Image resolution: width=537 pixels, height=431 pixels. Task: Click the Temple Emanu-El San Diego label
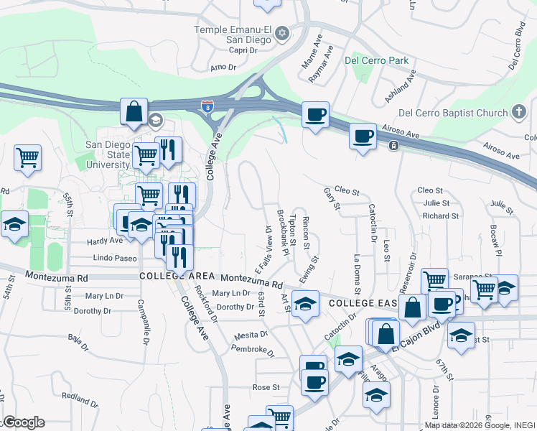point(233,34)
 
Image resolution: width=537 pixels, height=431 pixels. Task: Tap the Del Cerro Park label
point(376,60)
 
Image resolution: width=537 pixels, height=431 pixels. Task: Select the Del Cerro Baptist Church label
point(452,113)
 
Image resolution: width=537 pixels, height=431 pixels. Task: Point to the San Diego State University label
point(108,154)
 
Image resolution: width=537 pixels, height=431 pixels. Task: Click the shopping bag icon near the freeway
point(134,113)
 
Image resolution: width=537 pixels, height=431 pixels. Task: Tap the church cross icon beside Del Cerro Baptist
point(518,112)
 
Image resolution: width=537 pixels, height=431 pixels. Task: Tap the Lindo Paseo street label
point(115,258)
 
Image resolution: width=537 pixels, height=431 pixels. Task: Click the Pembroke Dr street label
point(252,350)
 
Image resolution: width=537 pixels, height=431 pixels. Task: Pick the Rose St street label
point(266,387)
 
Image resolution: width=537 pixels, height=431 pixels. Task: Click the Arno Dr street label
point(223,68)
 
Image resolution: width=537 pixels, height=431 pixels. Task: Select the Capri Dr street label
point(243,51)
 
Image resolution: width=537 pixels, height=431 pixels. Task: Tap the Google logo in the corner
point(23,422)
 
